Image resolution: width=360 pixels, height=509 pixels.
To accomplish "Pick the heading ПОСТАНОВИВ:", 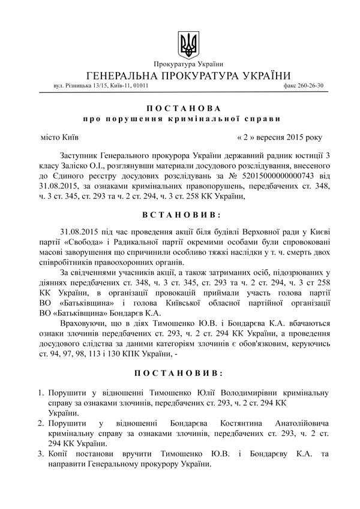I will point(183,372).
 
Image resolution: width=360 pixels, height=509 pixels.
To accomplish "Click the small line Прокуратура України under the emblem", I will point(188,64).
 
